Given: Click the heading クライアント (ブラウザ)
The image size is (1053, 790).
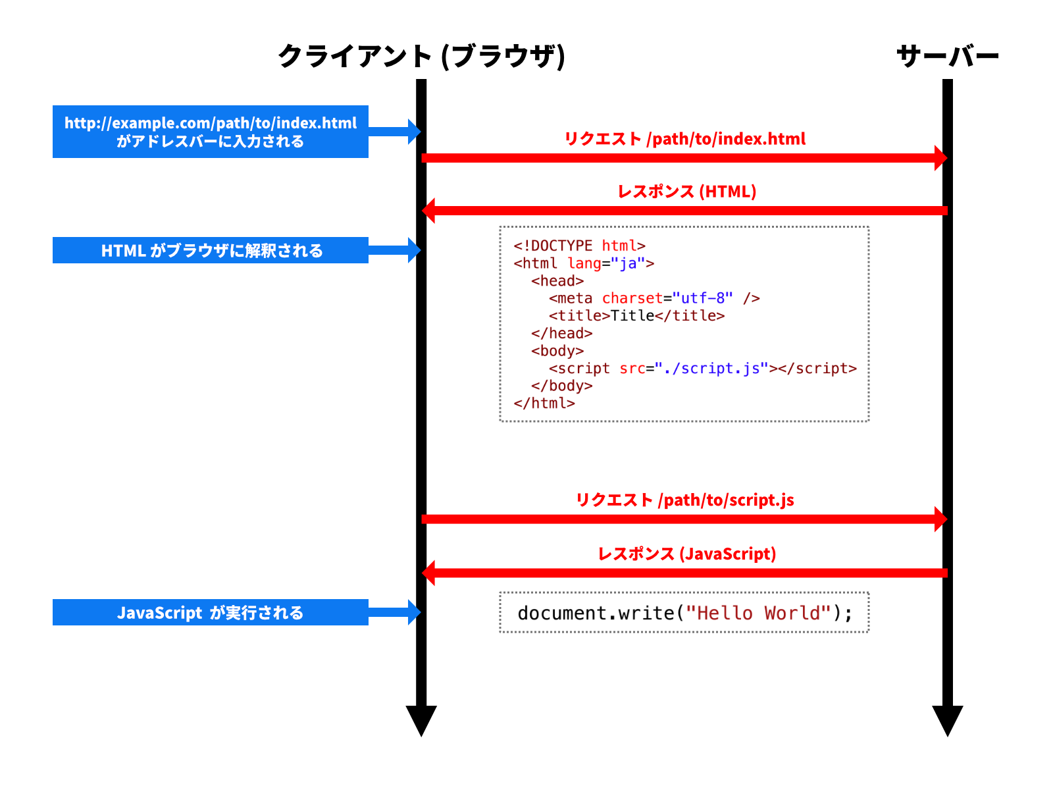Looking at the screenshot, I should pos(421,56).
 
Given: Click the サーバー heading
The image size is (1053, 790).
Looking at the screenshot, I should pos(948,56).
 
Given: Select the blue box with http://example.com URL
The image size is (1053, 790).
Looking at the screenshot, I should pos(211,132).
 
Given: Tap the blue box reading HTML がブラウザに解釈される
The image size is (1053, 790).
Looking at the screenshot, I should pos(211,250).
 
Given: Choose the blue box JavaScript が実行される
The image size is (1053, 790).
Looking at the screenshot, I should pos(211,612).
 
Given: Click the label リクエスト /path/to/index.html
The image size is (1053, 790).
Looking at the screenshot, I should pos(684,139).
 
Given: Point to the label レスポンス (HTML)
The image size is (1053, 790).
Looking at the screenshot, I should pos(686,192).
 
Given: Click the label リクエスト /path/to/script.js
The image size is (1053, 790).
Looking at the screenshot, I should pos(684,500).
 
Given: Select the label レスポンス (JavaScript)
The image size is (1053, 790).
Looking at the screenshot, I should pos(686,554).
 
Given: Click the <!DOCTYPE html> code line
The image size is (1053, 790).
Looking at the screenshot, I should pos(579,246).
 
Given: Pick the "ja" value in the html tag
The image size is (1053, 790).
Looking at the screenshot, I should pos(628,263).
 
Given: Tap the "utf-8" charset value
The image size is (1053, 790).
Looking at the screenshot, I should pos(702,298).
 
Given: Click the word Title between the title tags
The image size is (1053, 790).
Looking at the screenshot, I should pos(632,316).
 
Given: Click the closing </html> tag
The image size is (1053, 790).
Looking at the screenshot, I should pos(544,404).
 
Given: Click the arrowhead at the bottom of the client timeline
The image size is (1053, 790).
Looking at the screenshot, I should pos(421,720).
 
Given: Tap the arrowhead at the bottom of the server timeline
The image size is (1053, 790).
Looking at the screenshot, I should pos(948,720).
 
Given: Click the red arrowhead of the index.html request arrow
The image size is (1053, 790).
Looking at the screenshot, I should pos(940,158).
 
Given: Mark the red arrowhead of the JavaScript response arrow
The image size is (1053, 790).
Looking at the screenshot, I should pos(429,573).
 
